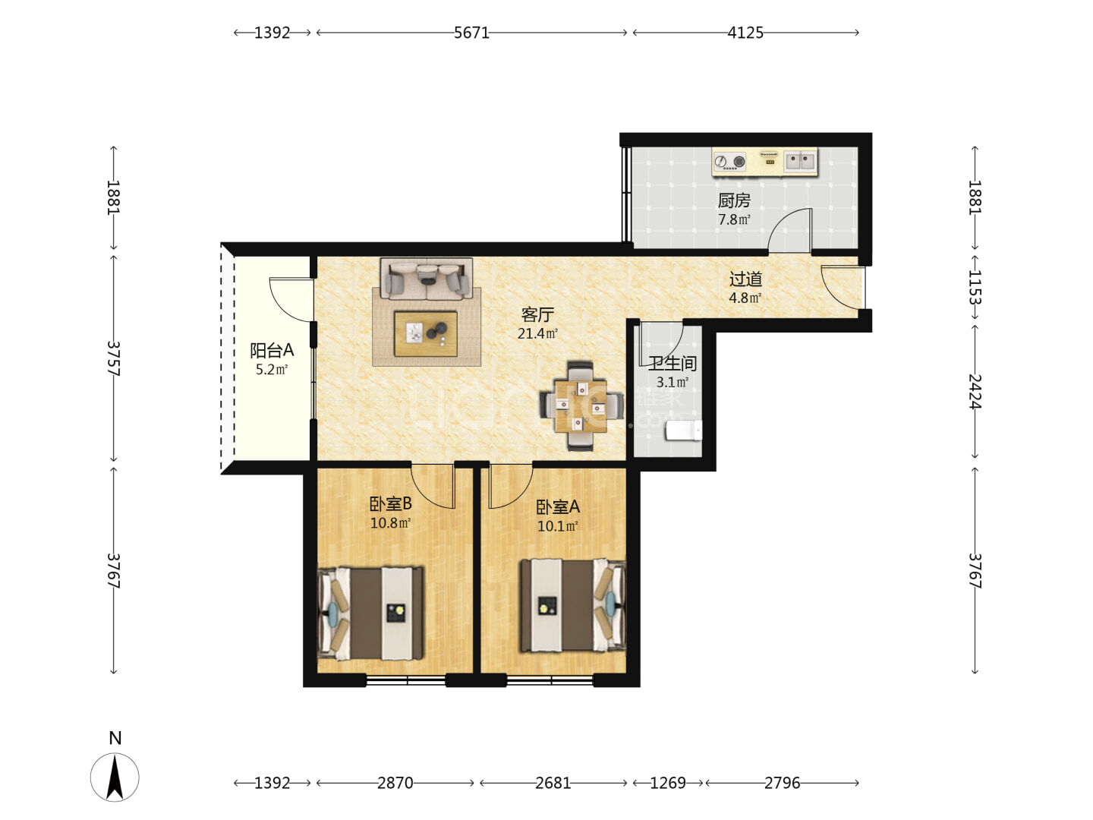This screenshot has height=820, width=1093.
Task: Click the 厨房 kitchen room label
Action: point(733,200)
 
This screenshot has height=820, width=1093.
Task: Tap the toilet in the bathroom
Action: point(684,430)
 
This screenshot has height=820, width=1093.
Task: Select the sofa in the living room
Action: point(427,279)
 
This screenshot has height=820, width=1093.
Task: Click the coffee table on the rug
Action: point(426,333)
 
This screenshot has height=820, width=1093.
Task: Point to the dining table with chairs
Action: point(581,405)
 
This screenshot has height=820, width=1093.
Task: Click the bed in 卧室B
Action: point(370,613)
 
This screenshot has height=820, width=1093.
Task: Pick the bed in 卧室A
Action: point(572,605)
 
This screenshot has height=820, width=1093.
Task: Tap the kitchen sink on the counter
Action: point(799,161)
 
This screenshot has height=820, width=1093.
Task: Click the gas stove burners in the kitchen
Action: point(730,161)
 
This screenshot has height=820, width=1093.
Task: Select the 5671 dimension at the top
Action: point(471,33)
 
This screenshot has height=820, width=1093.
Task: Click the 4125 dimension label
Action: point(745,33)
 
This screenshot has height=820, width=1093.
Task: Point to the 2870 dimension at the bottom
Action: point(395,783)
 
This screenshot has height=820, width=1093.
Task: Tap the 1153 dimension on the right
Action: point(975,287)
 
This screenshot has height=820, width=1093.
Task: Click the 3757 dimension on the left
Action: point(114,358)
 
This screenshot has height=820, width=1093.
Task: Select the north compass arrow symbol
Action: point(115,777)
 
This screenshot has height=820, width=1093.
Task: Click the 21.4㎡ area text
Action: point(537,333)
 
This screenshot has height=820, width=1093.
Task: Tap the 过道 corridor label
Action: point(745,279)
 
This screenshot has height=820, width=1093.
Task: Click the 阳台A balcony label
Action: point(272,351)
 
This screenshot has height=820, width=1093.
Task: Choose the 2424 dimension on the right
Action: point(975,391)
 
